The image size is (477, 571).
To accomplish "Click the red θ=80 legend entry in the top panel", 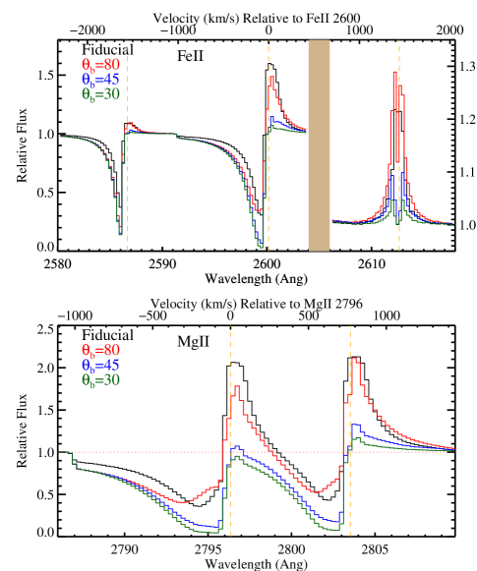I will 100,65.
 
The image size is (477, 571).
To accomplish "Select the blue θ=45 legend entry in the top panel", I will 100,80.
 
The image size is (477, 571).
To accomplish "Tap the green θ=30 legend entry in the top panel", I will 100,94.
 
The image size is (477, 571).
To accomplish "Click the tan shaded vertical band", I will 319,145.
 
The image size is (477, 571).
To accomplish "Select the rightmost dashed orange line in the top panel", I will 399,147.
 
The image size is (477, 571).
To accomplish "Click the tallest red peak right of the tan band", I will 395,73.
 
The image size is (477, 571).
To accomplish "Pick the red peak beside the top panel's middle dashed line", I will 271,78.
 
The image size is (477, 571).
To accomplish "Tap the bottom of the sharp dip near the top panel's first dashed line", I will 121,234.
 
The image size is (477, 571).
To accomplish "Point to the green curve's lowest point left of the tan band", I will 263,247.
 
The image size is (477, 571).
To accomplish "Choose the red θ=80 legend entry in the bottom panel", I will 100,350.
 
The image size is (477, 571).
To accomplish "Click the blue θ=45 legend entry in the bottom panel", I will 100,365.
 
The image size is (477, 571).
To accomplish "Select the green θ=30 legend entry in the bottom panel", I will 100,379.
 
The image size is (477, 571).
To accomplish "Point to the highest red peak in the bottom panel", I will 354,360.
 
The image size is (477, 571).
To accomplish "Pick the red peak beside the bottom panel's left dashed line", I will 237,387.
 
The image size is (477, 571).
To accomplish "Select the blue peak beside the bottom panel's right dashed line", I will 356,426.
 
